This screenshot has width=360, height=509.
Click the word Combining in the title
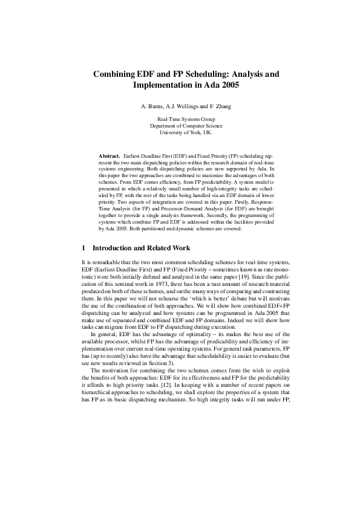click(113, 74)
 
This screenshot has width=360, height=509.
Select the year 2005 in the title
click(227, 86)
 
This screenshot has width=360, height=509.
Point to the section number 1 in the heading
click(83, 248)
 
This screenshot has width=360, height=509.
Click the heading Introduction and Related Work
click(141, 248)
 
